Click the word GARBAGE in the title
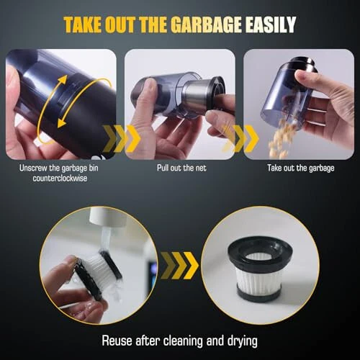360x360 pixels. tap(206, 24)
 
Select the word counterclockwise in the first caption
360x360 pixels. tap(60, 179)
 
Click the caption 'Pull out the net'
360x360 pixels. tap(181, 168)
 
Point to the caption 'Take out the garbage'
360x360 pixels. tap(301, 168)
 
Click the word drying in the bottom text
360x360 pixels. tap(243, 341)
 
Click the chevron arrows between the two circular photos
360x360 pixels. tap(179, 266)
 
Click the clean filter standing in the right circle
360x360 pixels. tap(261, 269)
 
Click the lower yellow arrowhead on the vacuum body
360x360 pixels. tap(62, 123)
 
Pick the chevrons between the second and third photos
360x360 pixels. tap(240, 139)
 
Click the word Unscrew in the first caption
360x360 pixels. tap(33, 168)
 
